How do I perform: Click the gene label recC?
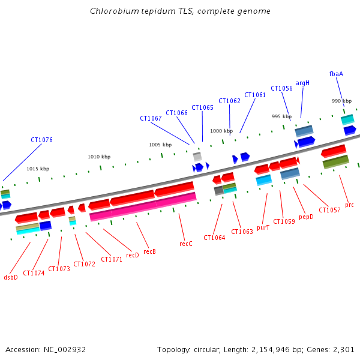pos(186,244)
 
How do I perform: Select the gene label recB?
pos(149,251)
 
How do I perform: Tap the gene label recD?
pos(132,255)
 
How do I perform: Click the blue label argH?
pos(302,83)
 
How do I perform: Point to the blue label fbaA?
pos(336,74)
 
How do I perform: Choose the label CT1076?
pos(41,140)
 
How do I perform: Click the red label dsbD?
pos(11,277)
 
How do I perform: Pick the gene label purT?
pos(263,227)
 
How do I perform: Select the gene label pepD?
pos(306,217)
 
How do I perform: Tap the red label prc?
pos(349,205)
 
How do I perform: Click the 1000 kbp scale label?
pos(221,131)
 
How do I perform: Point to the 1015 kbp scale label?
pos(38,169)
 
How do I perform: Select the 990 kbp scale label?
pos(341,101)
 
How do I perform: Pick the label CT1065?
pos(202,107)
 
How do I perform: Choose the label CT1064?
pos(214,238)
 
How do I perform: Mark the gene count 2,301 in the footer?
pos(343,349)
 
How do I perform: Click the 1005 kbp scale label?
pos(160,145)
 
